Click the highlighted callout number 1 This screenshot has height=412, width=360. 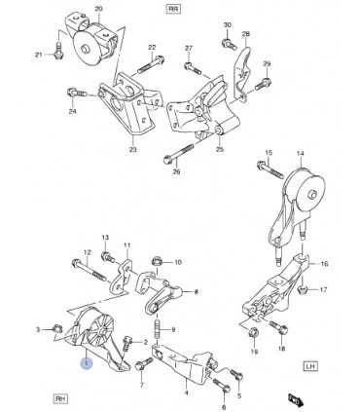point(87,362)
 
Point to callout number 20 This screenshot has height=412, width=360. point(96,9)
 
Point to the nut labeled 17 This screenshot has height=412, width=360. point(305,289)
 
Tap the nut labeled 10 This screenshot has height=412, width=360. point(156,262)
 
